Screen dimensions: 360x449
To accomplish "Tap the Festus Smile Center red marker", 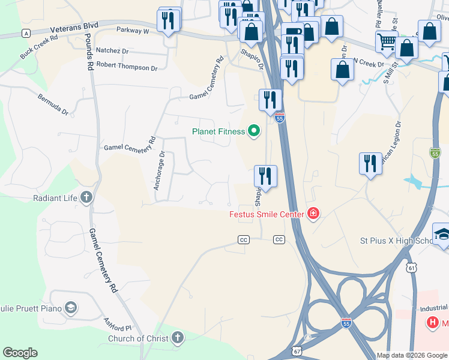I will pyautogui.click(x=312, y=214).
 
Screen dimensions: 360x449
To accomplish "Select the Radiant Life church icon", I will pyautogui.click(x=86, y=197).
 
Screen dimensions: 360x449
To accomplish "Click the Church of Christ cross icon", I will pyautogui.click(x=177, y=338).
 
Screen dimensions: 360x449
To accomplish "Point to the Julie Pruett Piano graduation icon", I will pyautogui.click(x=71, y=308).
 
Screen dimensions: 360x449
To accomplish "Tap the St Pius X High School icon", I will pyautogui.click(x=442, y=234).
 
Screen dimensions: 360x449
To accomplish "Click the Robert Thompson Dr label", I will pyautogui.click(x=127, y=67).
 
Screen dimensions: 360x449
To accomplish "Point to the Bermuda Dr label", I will pyautogui.click(x=53, y=104).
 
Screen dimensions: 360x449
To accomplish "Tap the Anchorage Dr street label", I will pyautogui.click(x=158, y=170).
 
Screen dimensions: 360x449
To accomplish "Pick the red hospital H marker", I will pyautogui.click(x=432, y=323).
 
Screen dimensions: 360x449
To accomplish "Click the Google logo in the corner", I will pyautogui.click(x=20, y=353).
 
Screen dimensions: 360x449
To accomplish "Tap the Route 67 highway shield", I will pyautogui.click(x=297, y=350).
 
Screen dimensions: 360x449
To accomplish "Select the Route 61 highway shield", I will pyautogui.click(x=411, y=265).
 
